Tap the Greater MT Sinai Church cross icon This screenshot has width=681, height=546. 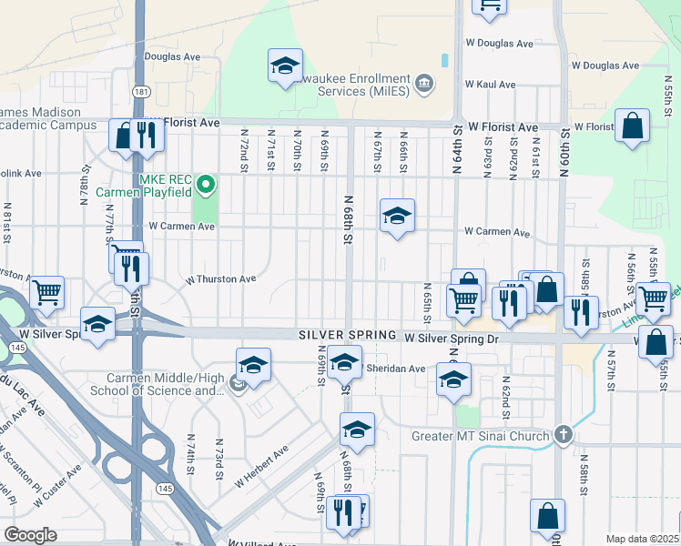click(564, 435)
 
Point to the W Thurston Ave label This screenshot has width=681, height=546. click(221, 279)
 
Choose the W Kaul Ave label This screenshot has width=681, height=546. click(490, 85)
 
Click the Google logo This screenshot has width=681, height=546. click(30, 535)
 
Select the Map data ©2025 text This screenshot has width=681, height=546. click(642, 539)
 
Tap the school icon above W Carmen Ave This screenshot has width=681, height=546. click(397, 217)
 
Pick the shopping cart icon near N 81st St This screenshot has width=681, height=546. click(46, 292)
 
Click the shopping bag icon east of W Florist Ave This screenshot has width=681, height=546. click(632, 126)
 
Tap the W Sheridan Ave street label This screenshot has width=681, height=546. click(395, 369)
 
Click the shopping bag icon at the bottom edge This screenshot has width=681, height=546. click(547, 516)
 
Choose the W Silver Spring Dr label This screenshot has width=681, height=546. click(452, 339)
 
